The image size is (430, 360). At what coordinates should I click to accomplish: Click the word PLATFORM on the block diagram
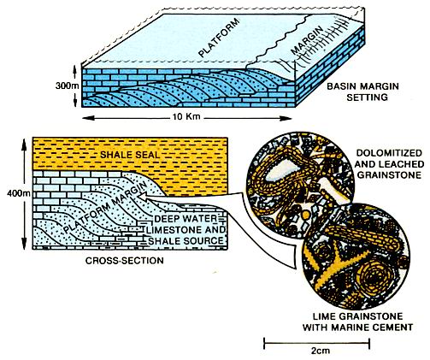[x=219, y=38]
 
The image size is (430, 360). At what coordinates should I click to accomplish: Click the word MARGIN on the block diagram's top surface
[x=307, y=40]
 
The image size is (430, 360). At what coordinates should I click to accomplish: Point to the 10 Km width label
[x=186, y=117]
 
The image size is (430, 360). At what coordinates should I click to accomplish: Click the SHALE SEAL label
[x=130, y=155]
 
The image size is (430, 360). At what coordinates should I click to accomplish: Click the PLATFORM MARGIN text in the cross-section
[x=106, y=208]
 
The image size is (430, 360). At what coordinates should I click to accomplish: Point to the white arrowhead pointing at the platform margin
[x=144, y=197]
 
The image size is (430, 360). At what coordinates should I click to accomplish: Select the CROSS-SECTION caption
[x=125, y=261]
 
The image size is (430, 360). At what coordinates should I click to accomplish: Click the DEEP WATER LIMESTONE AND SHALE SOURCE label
[x=186, y=230]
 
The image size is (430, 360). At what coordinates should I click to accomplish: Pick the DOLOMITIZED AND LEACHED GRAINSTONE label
[x=389, y=164]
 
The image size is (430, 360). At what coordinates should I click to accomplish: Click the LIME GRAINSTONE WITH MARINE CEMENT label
[x=358, y=322]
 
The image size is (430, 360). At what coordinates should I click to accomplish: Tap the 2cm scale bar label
[x=321, y=351]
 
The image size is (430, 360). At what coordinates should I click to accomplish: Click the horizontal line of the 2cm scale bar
[x=317, y=343]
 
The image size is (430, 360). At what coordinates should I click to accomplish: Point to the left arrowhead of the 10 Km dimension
[x=86, y=117]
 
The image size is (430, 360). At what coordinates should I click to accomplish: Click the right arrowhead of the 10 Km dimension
[x=286, y=118]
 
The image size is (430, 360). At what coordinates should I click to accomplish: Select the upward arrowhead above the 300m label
[x=74, y=68]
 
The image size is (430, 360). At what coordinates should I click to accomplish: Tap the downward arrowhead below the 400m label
[x=24, y=245]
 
